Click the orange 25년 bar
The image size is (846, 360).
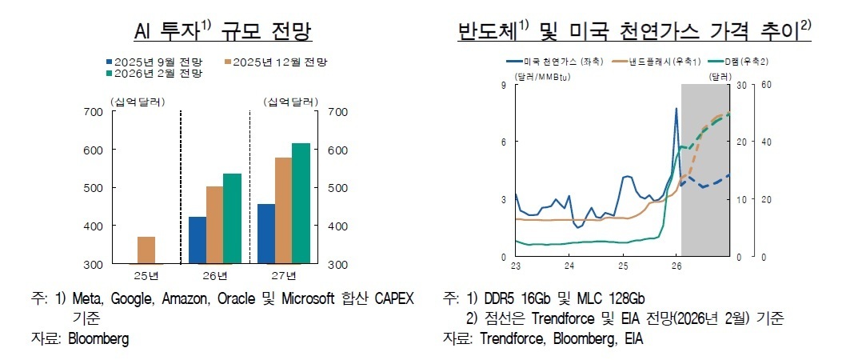pyautogui.click(x=146, y=250)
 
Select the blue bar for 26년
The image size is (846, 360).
pyautogui.click(x=197, y=240)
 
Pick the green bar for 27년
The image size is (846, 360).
pyautogui.click(x=301, y=203)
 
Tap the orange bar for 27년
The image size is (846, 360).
pyautogui.click(x=282, y=210)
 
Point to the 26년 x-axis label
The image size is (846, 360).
pyautogui.click(x=214, y=276)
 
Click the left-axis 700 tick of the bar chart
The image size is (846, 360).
pyautogui.click(x=93, y=112)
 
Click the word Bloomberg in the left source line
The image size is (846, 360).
pyautogui.click(x=98, y=338)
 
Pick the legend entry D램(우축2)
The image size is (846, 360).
pyautogui.click(x=742, y=62)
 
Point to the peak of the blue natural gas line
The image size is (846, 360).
pyautogui.click(x=676, y=109)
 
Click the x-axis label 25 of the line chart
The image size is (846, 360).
pyautogui.click(x=622, y=266)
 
